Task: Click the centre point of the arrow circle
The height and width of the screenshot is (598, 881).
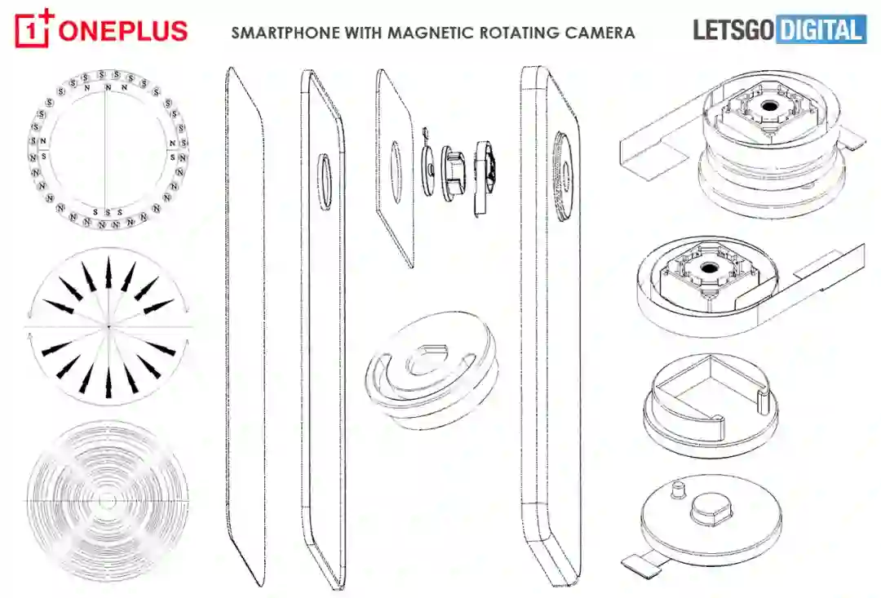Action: (108, 326)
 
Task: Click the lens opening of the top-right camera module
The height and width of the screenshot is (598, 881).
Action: (768, 107)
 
